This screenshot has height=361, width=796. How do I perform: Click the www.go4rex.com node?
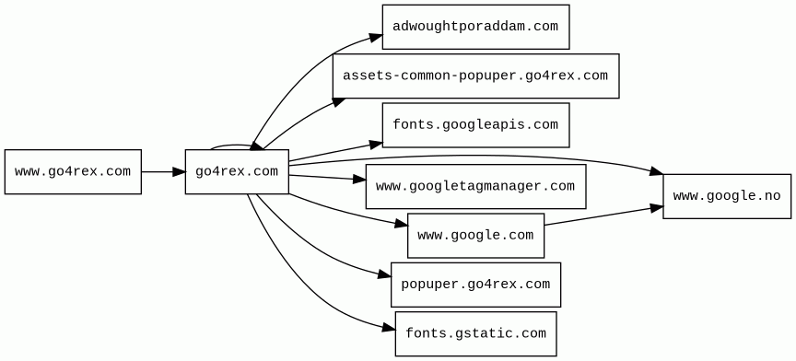tap(73, 171)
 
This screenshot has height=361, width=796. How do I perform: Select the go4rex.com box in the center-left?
tap(237, 171)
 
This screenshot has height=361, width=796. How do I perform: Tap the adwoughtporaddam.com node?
tap(475, 27)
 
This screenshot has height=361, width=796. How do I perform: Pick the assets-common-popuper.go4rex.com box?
tap(475, 76)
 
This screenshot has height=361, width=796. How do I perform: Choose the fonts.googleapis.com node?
tap(475, 125)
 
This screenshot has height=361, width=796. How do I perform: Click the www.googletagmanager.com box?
tap(475, 186)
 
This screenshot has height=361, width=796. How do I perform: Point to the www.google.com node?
tap(475, 236)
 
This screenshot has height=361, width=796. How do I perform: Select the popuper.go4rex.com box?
tap(475, 285)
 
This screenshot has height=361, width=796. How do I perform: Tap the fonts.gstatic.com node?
tap(475, 334)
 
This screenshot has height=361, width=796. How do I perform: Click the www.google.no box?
tap(727, 196)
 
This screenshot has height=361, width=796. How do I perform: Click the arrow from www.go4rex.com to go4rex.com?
tap(163, 171)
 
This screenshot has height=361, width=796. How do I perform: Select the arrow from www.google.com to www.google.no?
tap(603, 215)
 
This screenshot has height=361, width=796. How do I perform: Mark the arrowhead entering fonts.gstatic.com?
tap(390, 329)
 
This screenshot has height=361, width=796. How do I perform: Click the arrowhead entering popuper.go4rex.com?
tap(385, 275)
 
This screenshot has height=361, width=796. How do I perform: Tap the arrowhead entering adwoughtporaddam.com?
tap(376, 37)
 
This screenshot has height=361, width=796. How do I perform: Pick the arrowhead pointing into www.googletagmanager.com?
tap(359, 180)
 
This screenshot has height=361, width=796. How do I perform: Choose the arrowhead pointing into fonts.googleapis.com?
tap(376, 145)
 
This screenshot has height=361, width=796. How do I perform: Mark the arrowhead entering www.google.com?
tap(402, 224)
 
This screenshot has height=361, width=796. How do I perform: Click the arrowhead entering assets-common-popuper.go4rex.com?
tap(340, 101)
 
